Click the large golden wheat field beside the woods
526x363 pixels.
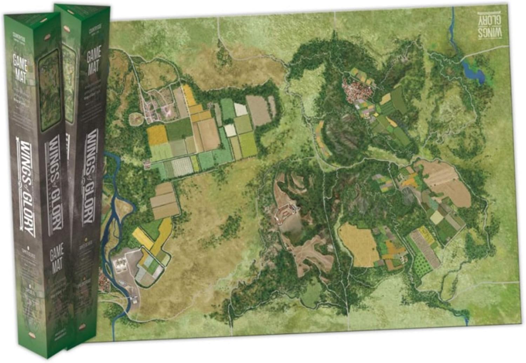coord(359,244)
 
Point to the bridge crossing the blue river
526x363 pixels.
coord(132,300)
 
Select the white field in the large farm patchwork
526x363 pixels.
coord(240,109)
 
